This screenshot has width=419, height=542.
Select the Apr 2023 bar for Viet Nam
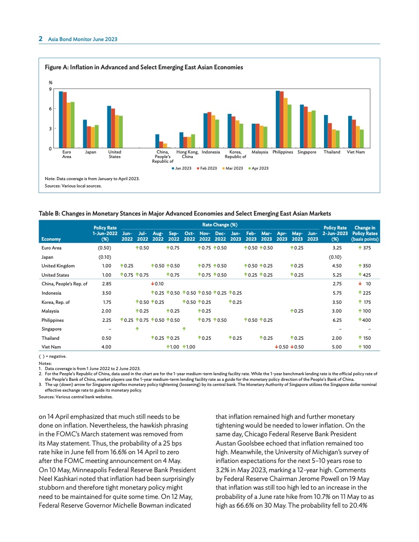coord(362,139)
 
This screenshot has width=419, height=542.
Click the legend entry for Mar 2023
coord(233,168)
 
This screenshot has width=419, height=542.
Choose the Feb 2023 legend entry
coord(207,168)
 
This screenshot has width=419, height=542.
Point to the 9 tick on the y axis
coord(50,89)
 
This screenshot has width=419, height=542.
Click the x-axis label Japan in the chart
coord(91,152)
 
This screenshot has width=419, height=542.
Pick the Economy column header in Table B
coord(51,239)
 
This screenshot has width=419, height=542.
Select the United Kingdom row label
coord(58,266)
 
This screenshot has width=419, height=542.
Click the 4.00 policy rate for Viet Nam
coord(107,347)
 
